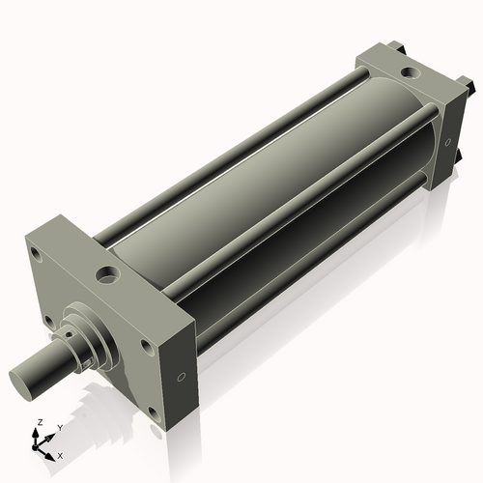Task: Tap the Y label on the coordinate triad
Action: tap(60, 427)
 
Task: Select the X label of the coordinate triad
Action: tap(60, 454)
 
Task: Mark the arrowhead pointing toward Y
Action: tap(51, 434)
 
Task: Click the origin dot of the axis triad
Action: tap(39, 447)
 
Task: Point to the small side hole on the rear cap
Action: tap(449, 142)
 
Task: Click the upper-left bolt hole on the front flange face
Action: tap(36, 256)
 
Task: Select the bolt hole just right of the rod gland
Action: tap(146, 344)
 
